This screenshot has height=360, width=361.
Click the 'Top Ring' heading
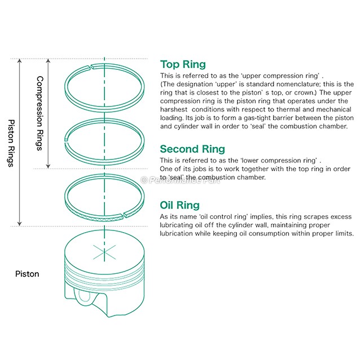[183, 64]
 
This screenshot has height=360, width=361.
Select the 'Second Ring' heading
[192, 149]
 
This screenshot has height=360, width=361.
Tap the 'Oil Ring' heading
[179, 205]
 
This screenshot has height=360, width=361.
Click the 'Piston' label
[27, 274]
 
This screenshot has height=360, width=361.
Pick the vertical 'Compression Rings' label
[39, 113]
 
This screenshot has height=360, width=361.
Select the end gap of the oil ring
[125, 215]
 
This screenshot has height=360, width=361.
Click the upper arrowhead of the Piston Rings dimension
[20, 61]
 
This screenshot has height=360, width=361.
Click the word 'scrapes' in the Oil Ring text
[297, 217]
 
